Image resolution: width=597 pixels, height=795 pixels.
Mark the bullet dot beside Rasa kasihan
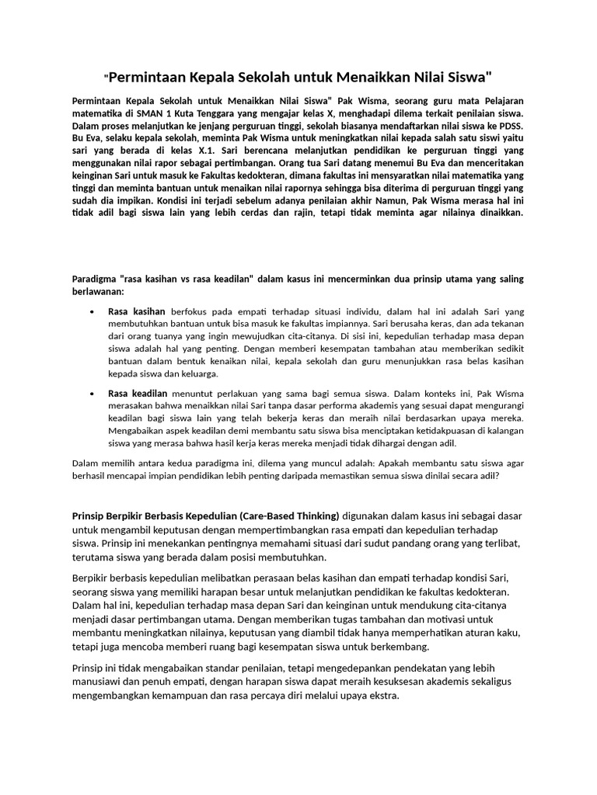[x=93, y=311]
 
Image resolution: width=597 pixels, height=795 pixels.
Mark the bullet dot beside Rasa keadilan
[x=93, y=394]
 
